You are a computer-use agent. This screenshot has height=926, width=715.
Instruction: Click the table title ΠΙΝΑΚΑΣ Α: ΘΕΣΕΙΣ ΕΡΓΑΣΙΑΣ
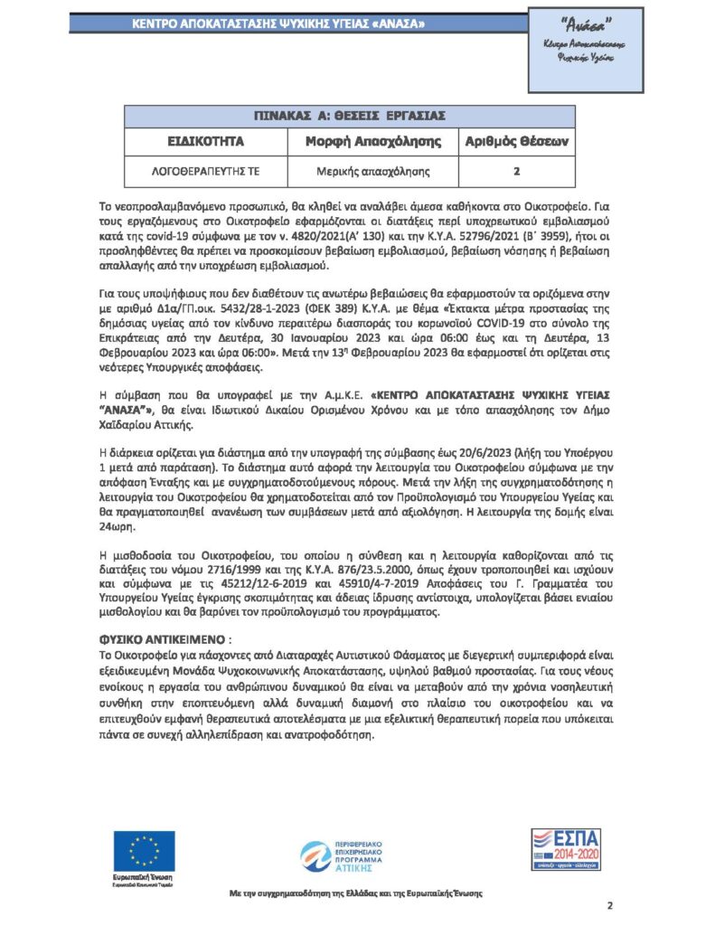click(x=351, y=117)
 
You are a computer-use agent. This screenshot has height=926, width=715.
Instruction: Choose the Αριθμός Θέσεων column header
click(x=516, y=143)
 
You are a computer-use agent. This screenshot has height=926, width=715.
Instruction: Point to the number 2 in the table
click(x=516, y=171)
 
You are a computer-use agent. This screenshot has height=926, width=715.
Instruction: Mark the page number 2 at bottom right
click(x=609, y=905)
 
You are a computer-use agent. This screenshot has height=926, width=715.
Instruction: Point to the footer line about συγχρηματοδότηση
click(x=355, y=893)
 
